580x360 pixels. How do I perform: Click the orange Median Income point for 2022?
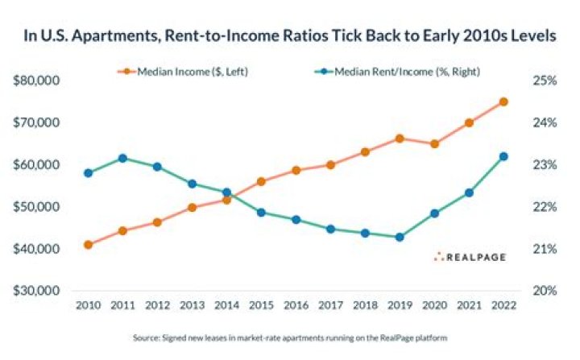coord(503,101)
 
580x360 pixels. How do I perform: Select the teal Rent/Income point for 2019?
coord(400,238)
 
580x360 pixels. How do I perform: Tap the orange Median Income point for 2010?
coord(88,244)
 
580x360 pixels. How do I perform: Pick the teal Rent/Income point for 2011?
coord(122,158)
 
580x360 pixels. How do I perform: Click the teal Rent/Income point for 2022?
coord(503,156)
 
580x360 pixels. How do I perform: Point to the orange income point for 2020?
coord(434,144)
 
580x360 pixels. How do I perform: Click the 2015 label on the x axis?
coord(261,307)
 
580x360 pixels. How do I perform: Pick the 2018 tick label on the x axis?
coord(365,307)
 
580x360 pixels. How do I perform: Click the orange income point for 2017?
coord(330,165)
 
